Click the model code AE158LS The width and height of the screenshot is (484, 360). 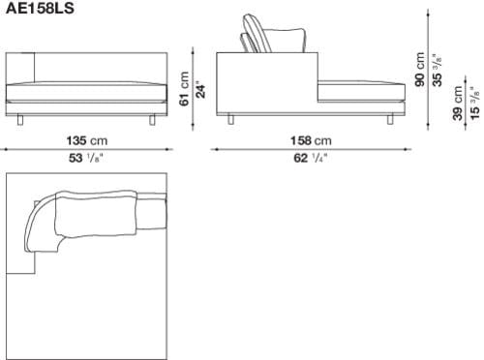click(40, 8)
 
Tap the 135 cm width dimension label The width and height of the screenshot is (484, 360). click(87, 140)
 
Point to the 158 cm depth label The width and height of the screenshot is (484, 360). click(311, 140)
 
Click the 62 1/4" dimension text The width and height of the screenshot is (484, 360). click(311, 158)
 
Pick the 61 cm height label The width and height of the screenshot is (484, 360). click(185, 88)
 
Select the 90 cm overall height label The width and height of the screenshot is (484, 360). click(420, 69)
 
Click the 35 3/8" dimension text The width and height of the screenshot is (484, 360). click(438, 70)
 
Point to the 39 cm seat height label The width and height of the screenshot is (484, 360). click(458, 104)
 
